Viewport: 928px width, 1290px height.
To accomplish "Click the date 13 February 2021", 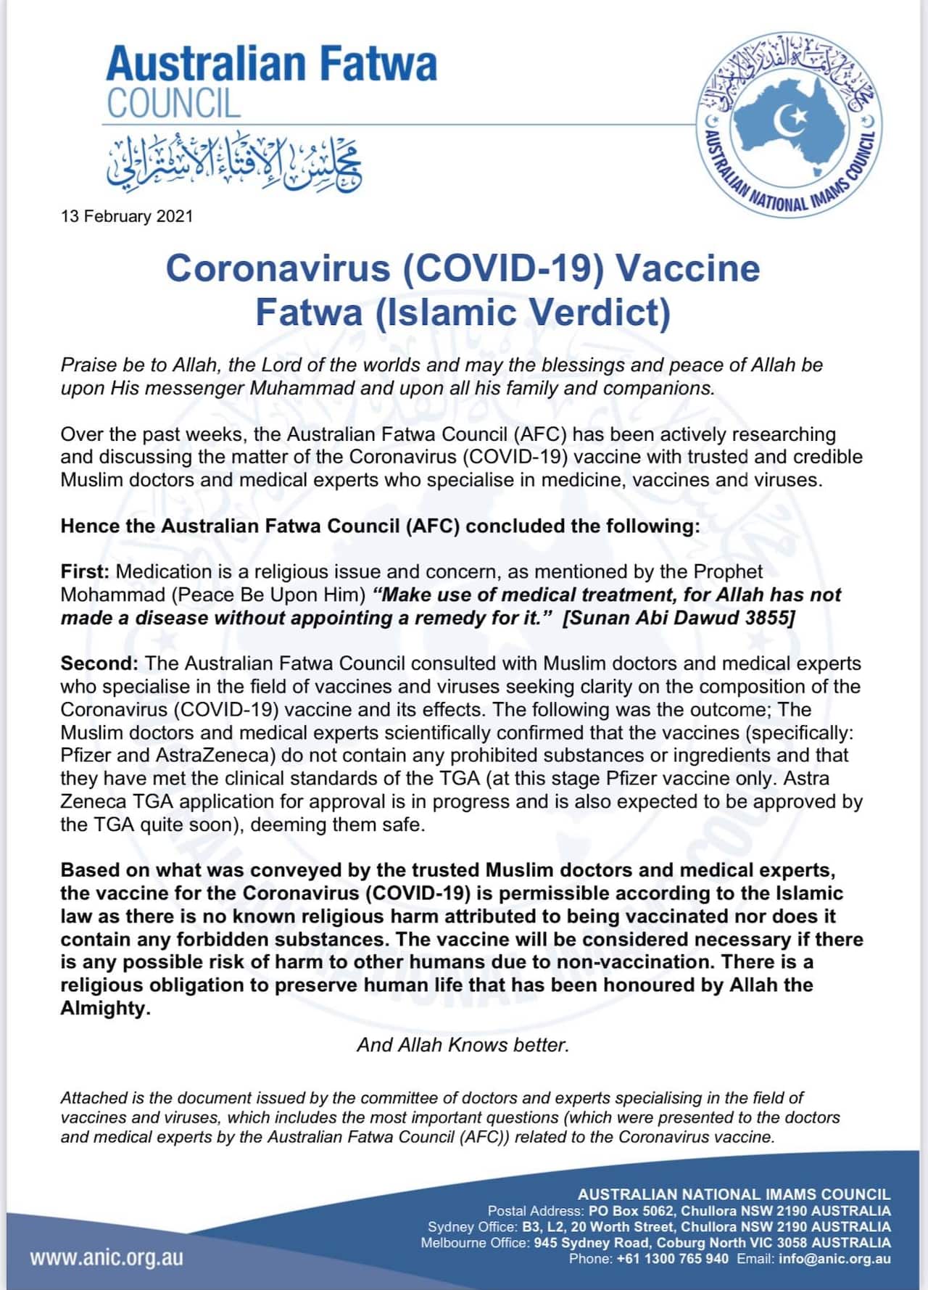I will pos(127,216).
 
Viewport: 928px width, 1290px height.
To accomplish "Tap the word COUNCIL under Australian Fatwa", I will pos(173,103).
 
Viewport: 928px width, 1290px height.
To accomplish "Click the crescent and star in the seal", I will pos(786,121).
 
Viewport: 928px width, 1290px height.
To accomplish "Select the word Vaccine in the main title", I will pos(687,268).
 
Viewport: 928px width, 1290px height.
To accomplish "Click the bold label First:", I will pos(85,571).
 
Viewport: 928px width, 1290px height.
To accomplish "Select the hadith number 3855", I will pos(771,618).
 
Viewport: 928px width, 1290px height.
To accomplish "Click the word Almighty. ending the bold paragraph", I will pos(105,1008).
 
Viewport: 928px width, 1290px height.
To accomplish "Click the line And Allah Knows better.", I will pos(463,1045).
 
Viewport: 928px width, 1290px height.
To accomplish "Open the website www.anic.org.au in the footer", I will pos(107,1257).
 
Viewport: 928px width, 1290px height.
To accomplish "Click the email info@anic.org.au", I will pos(834,1259).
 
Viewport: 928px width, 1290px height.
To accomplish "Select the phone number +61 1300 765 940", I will pos(672,1259).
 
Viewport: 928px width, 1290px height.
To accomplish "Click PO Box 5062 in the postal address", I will pos(631,1211).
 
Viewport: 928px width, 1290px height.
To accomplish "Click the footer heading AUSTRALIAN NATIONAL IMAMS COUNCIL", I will pos(734,1194).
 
